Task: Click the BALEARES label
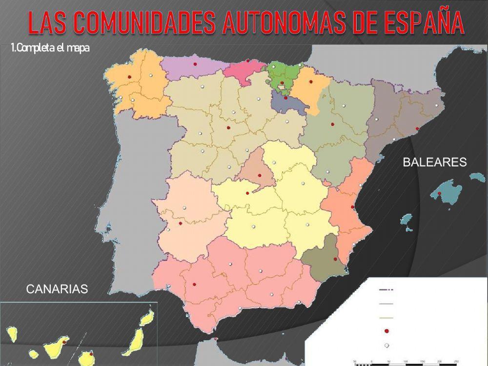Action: (x=435, y=163)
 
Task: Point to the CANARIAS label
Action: (x=57, y=289)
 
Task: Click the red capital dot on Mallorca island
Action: (x=440, y=194)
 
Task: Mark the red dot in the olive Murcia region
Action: (x=335, y=259)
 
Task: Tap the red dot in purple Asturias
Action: (x=195, y=64)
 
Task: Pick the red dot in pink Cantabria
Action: (x=248, y=61)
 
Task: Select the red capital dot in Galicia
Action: (x=129, y=77)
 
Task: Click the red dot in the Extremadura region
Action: (x=181, y=224)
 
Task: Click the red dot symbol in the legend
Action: (x=386, y=331)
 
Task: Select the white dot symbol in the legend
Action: (x=386, y=346)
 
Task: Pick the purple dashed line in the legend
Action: (x=386, y=290)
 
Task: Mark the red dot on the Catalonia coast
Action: (x=417, y=128)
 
